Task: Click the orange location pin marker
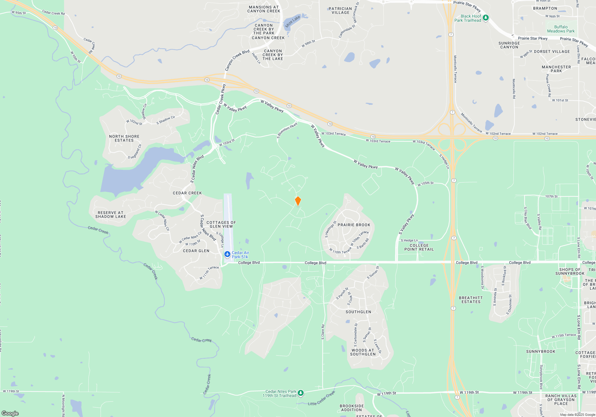298,201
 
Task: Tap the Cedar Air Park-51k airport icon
227,254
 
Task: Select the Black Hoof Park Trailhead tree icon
485,18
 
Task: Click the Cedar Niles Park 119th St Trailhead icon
301,393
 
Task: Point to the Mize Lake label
293,22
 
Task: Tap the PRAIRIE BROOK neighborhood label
354,225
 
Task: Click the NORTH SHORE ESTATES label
124,138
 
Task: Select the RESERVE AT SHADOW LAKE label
111,214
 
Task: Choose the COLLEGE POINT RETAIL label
419,247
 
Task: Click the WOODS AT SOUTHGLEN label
363,352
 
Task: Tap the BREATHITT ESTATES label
471,300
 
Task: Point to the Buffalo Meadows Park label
561,29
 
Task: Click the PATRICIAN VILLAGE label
340,11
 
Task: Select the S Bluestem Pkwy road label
287,130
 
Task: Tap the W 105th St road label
426,183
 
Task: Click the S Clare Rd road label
323,332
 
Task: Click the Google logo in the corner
10,413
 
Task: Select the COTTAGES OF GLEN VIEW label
221,224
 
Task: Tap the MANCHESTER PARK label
556,69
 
